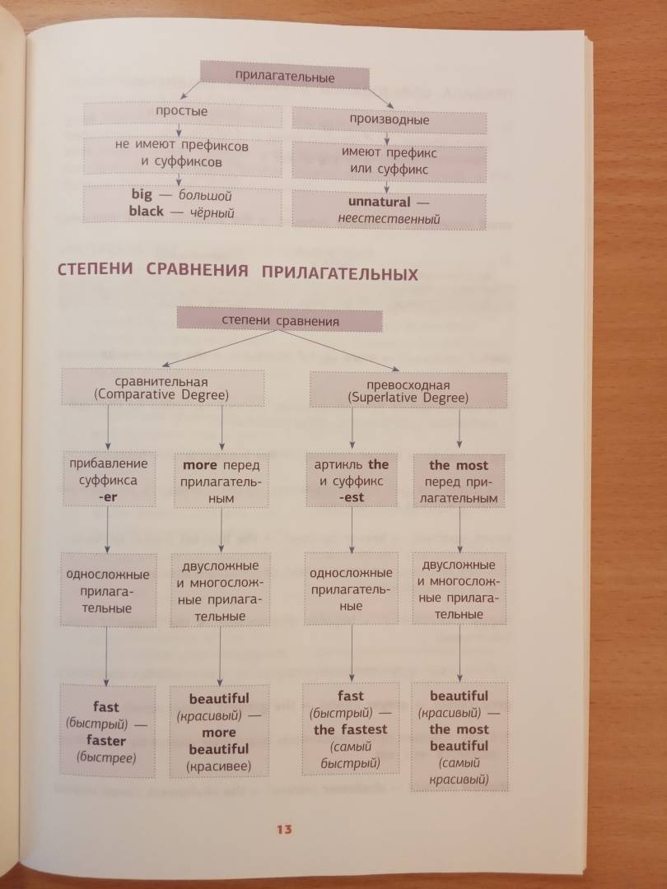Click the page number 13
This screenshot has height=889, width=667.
click(x=284, y=828)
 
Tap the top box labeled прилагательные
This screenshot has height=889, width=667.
click(x=284, y=77)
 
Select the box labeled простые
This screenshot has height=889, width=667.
click(x=182, y=111)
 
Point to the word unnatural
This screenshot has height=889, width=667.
click(x=379, y=202)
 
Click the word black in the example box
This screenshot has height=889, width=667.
click(x=147, y=212)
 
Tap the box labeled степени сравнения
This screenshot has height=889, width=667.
click(x=280, y=320)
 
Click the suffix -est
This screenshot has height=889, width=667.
click(x=351, y=497)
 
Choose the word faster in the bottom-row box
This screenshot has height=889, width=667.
click(x=106, y=739)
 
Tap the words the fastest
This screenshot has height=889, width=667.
click(x=350, y=729)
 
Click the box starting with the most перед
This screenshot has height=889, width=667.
click(x=459, y=482)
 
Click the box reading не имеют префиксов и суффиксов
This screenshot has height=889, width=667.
click(x=181, y=153)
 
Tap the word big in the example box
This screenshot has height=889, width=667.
click(x=142, y=196)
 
